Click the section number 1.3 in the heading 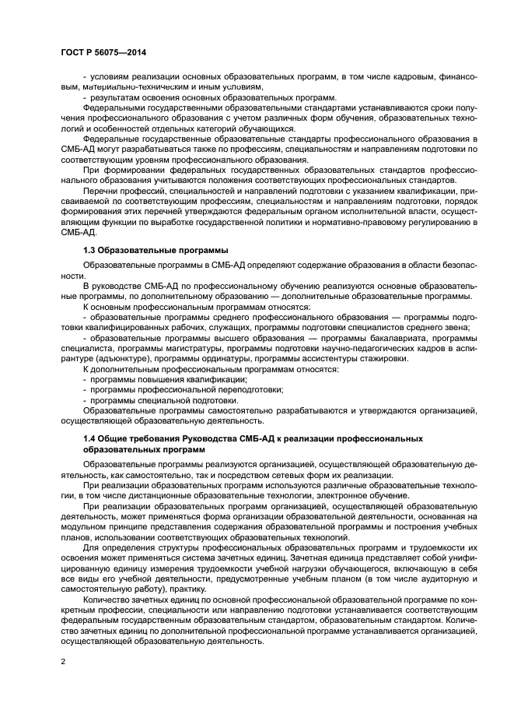coord(91,250)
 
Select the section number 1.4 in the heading coord(91,439)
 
